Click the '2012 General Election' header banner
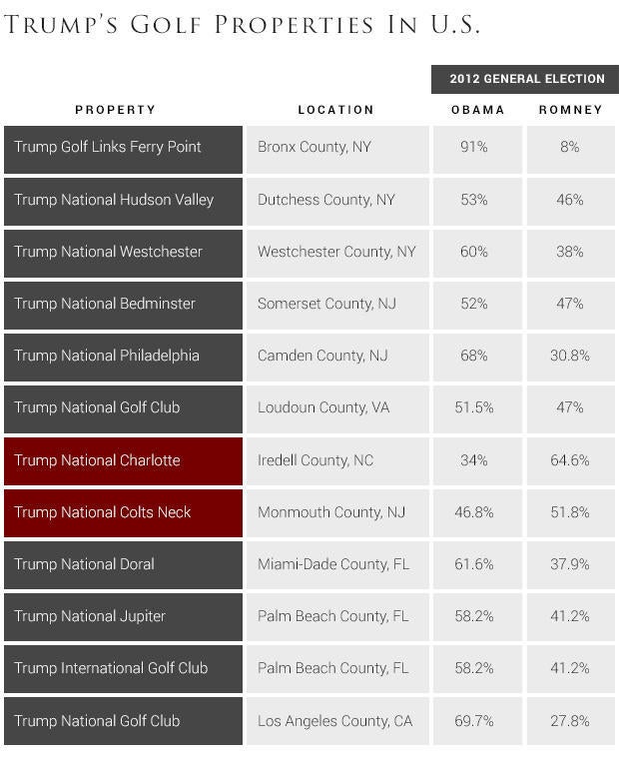[525, 79]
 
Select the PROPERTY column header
[116, 110]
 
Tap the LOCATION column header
[335, 110]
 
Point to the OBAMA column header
[473, 110]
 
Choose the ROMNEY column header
[570, 110]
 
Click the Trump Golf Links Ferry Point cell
[123, 148]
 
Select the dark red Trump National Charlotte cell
[123, 460]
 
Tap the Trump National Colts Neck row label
[123, 512]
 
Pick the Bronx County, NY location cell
[336, 148]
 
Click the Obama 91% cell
[473, 148]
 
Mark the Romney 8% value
[570, 148]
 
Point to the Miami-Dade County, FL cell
[336, 564]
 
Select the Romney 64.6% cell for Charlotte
[570, 460]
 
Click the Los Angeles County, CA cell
[336, 721]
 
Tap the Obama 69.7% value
[473, 721]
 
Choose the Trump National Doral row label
[123, 564]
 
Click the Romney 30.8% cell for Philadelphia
[570, 356]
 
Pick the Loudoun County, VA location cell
[336, 407]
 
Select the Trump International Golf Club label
[123, 668]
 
